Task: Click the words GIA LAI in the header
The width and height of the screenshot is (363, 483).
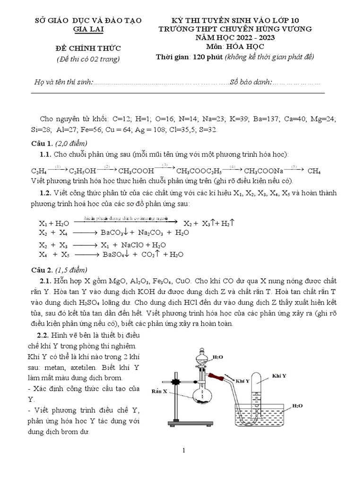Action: tap(89, 29)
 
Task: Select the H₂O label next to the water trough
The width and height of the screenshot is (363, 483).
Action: tap(298, 405)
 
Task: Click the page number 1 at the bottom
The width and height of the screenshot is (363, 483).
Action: tap(183, 451)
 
